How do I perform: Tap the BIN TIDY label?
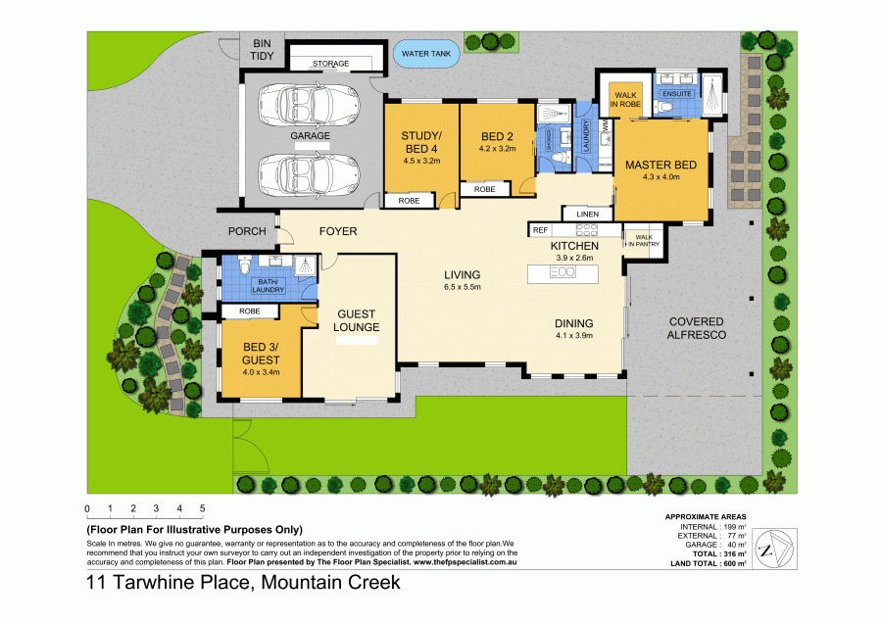262,50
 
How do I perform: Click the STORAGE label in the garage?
330,64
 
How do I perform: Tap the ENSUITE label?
677,94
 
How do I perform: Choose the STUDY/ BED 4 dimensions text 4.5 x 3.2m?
422,160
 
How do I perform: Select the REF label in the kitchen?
540,229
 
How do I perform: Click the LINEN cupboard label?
587,214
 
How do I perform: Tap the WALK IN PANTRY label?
644,240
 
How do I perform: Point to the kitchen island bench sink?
563,272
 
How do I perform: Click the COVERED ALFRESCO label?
696,328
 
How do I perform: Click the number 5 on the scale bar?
202,508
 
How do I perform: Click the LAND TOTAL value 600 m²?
735,564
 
